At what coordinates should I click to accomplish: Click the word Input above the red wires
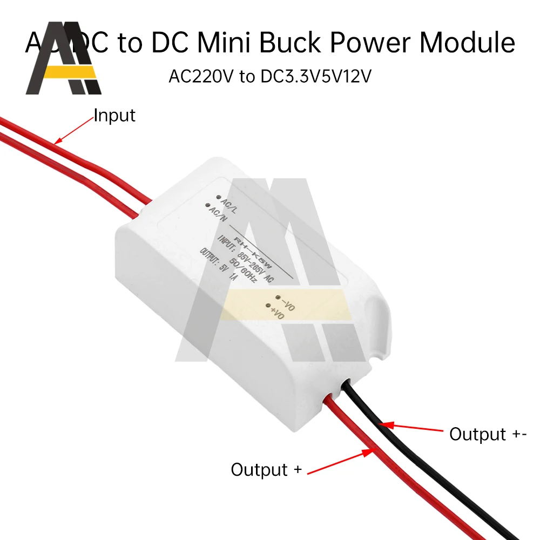click(114, 115)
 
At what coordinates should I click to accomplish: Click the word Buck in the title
click(310, 42)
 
